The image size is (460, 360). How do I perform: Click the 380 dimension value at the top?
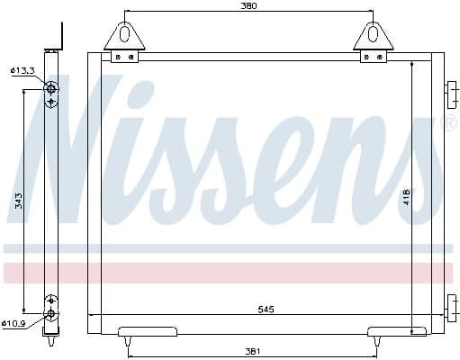pyautogui.click(x=248, y=6)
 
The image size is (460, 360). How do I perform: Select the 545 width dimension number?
pyautogui.click(x=265, y=309)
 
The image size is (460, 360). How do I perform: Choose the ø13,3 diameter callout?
pyautogui.click(x=22, y=70)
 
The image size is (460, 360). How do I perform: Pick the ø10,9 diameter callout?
pyautogui.click(x=18, y=324)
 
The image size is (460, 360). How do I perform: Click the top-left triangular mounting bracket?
pyautogui.click(x=124, y=36)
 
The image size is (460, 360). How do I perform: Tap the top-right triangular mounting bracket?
pyautogui.click(x=373, y=36)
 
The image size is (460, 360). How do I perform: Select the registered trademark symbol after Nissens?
pyautogui.click(x=450, y=121)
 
